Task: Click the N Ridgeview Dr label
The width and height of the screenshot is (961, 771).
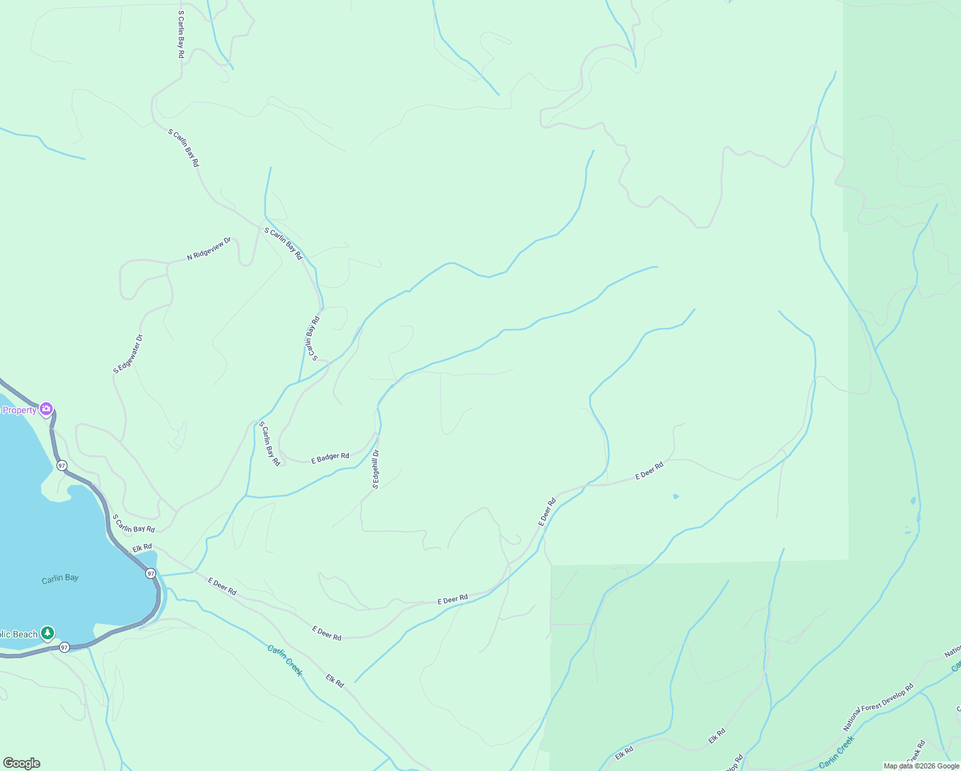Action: (209, 249)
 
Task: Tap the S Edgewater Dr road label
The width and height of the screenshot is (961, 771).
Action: (128, 353)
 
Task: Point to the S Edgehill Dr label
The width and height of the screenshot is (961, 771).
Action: (376, 469)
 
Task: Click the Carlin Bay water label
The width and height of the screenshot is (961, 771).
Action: (60, 579)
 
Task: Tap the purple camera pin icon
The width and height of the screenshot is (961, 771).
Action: (46, 409)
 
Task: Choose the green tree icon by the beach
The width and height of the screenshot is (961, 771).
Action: (47, 634)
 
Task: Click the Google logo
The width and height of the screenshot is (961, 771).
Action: (21, 763)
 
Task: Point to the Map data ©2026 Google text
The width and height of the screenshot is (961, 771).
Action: (921, 766)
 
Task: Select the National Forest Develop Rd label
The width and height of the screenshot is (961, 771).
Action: (877, 707)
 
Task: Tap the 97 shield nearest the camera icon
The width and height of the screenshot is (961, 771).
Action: (61, 465)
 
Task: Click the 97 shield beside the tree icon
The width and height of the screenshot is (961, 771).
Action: (64, 647)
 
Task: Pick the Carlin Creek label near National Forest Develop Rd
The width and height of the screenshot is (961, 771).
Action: (836, 752)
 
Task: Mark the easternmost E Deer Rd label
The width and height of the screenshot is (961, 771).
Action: (649, 471)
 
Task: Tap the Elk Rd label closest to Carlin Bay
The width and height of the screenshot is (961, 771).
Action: (142, 549)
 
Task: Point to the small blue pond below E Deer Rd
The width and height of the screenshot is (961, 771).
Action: (675, 497)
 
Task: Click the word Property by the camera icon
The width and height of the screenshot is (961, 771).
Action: (19, 411)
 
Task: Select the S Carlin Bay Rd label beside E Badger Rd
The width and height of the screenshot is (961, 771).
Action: (270, 443)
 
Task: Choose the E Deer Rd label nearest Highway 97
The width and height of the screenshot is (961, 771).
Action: (222, 586)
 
